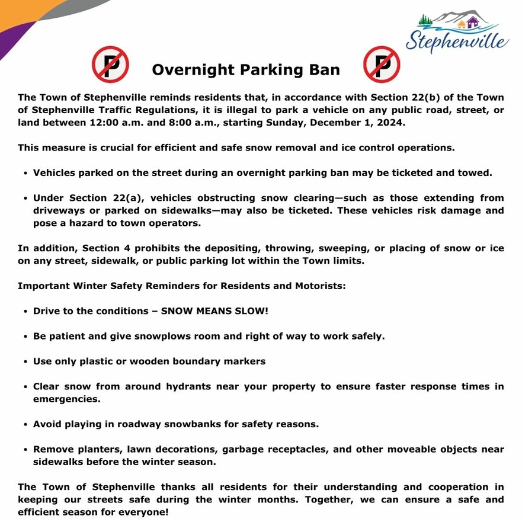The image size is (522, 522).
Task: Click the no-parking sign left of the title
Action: click(110, 65)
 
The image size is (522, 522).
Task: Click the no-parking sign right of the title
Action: click(382, 65)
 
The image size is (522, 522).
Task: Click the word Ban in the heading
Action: click(324, 70)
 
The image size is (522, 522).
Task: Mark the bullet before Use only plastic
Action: click(26, 361)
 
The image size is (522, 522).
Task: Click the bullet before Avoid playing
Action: click(26, 425)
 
